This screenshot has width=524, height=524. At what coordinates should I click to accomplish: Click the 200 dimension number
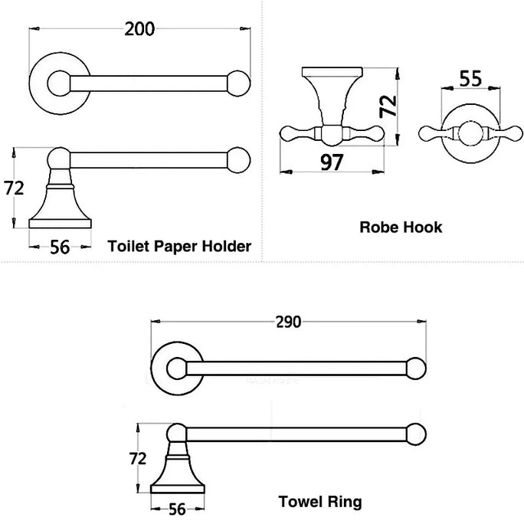coord(140,29)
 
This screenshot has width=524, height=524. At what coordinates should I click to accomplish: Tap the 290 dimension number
coord(287,322)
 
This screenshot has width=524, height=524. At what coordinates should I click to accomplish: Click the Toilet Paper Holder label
coord(179,246)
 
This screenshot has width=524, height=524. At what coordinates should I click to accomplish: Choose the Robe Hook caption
coord(401,227)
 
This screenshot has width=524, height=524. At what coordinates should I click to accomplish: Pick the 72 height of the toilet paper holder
coord(14,188)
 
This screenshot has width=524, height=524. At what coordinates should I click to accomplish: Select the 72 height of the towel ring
coord(139,459)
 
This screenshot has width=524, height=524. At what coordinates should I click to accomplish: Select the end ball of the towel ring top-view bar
coord(416,368)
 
